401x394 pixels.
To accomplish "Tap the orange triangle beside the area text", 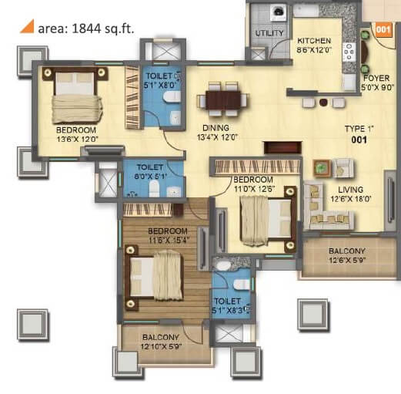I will tap(25, 29).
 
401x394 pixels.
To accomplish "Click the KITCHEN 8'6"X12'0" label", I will tap(316, 44).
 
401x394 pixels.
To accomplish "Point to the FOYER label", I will tap(374, 83).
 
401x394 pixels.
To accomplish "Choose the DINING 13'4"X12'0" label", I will tap(218, 133).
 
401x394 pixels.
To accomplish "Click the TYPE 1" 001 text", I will tap(356, 136).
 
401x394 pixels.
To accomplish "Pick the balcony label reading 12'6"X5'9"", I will tap(347, 258).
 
